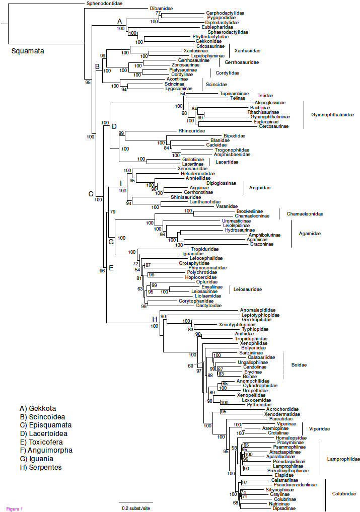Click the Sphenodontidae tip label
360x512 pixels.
104,4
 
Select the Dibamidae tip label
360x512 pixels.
161,9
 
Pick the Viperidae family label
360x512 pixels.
319,428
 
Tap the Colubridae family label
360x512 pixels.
344,494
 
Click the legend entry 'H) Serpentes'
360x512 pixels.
41,467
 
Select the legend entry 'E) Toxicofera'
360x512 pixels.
42,442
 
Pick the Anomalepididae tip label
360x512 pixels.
258,310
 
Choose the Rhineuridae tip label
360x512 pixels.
192,130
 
